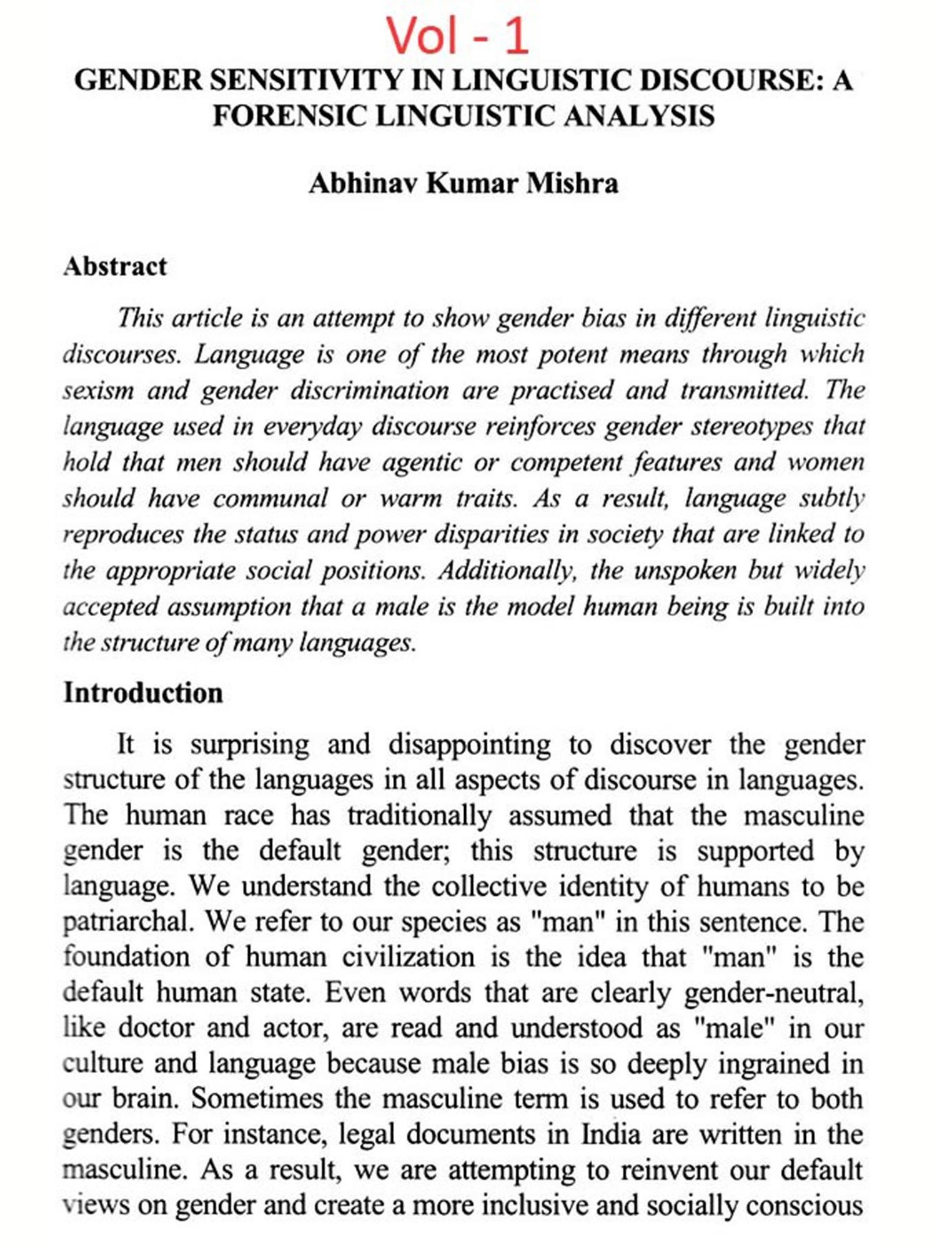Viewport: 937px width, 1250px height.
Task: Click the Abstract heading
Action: [115, 267]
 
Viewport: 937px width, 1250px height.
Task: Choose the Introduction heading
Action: [143, 693]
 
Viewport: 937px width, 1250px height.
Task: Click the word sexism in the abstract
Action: [98, 391]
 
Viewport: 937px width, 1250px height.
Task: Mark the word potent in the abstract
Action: [572, 354]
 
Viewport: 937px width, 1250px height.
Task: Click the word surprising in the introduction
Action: [249, 744]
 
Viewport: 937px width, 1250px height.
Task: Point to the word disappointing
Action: [469, 744]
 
